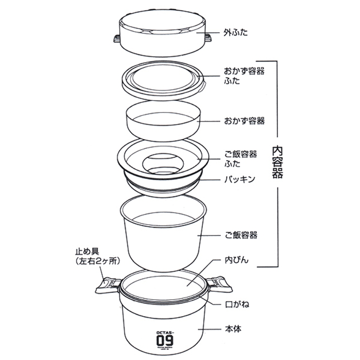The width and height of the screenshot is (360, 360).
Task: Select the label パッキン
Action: point(239,179)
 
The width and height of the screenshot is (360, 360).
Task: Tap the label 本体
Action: point(232,329)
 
